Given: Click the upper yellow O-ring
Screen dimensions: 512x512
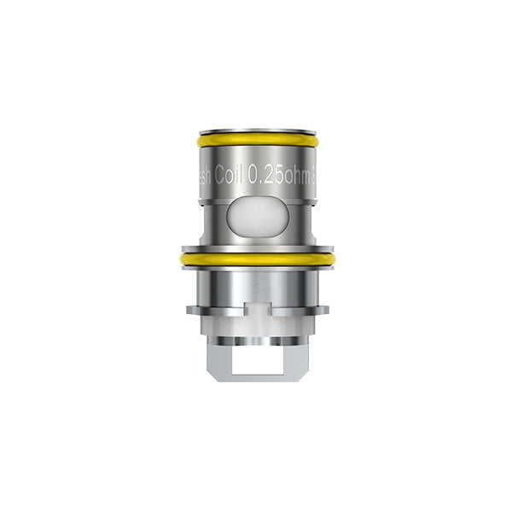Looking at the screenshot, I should point(257,140).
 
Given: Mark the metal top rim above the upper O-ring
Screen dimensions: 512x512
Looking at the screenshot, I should point(257,132).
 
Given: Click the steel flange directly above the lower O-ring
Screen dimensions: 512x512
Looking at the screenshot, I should point(257,247).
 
